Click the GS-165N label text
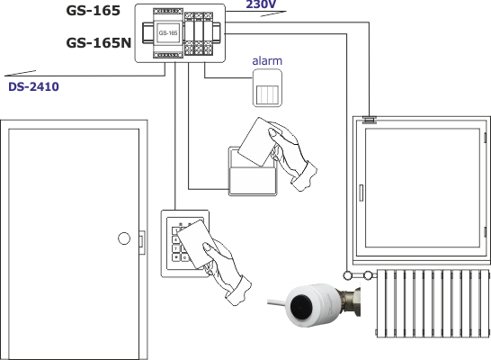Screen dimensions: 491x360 [x=99, y=43]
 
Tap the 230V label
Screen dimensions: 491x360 [x=261, y=4]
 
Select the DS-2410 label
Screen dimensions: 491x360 [x=33, y=86]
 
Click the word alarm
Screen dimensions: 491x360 [x=267, y=61]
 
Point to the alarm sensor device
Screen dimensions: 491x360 [x=267, y=88]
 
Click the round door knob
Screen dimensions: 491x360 [x=124, y=238]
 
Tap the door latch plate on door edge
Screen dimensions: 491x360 [x=142, y=242]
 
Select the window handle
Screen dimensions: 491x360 [x=361, y=193]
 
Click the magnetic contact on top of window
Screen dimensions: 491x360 [x=370, y=120]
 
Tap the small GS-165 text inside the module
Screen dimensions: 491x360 [x=168, y=33]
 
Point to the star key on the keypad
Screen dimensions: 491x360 [x=176, y=257]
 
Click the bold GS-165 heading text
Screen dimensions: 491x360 [x=94, y=11]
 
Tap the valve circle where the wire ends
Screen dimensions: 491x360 [x=347, y=275]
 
